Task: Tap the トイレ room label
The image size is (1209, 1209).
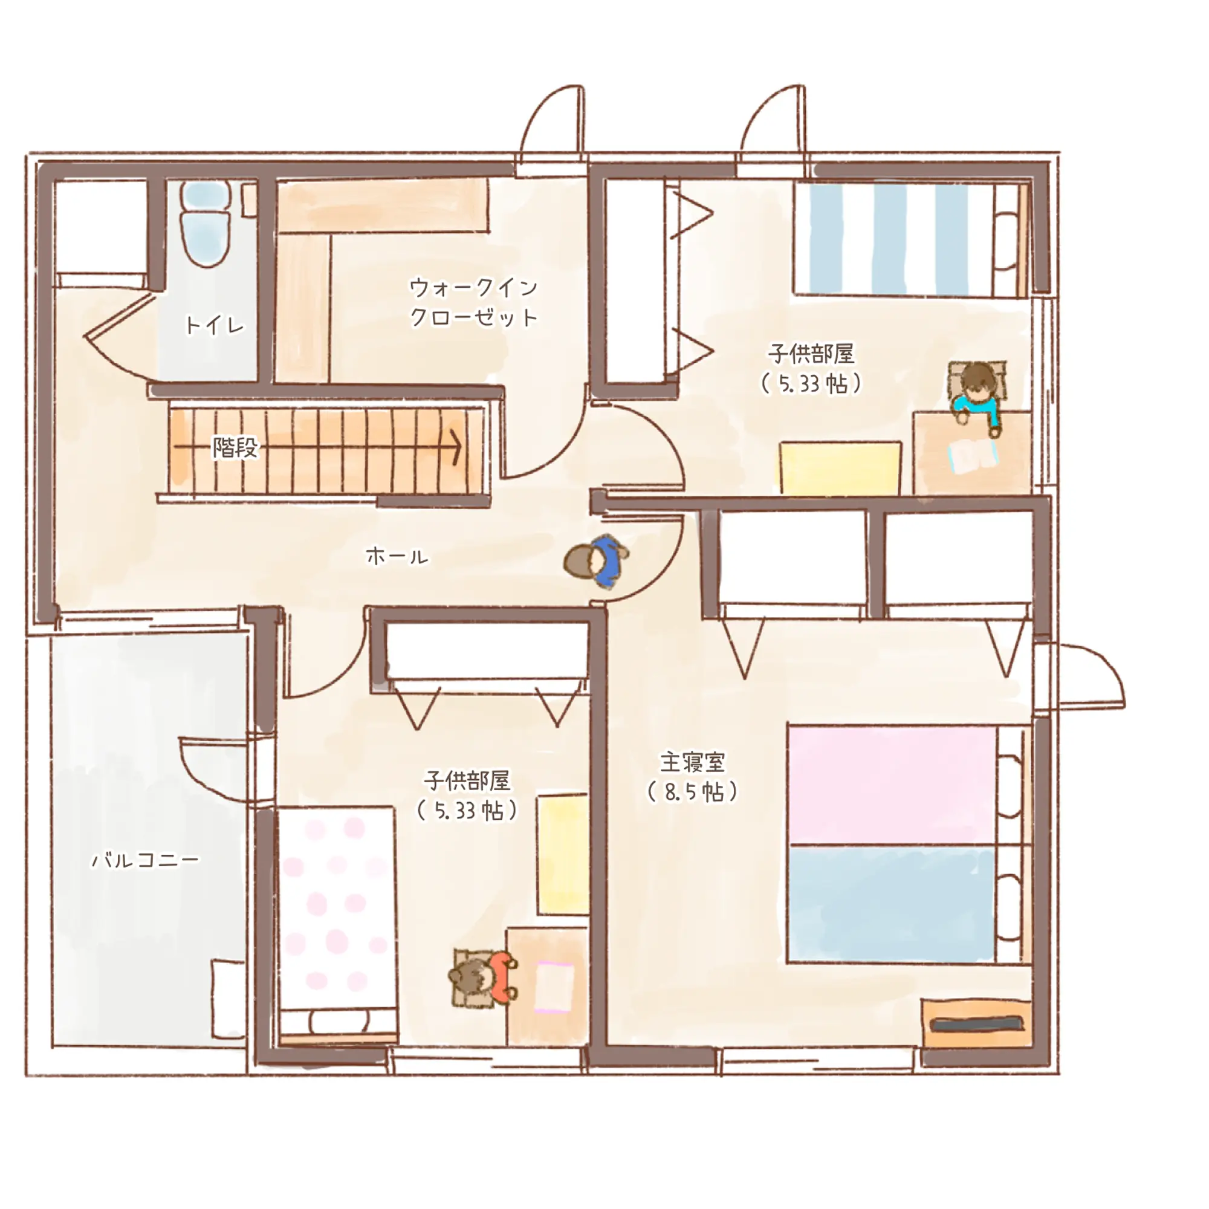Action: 215,325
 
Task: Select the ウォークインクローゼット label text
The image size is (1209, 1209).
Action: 474,302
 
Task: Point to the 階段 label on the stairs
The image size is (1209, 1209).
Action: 235,447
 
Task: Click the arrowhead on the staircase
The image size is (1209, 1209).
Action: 456,447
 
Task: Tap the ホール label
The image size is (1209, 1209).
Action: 397,556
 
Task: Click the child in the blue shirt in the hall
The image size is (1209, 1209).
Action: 597,561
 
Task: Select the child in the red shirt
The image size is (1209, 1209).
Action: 484,977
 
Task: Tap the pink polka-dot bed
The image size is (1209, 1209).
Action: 337,925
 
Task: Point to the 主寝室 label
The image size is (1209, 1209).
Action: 693,762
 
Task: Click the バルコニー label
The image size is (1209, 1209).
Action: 146,860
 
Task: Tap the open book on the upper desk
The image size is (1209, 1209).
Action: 973,456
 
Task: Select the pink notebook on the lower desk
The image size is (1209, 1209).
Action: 554,988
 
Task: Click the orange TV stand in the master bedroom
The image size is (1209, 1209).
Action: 977,1024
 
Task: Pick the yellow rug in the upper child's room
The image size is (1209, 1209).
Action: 840,467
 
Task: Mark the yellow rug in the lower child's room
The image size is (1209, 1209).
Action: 563,855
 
